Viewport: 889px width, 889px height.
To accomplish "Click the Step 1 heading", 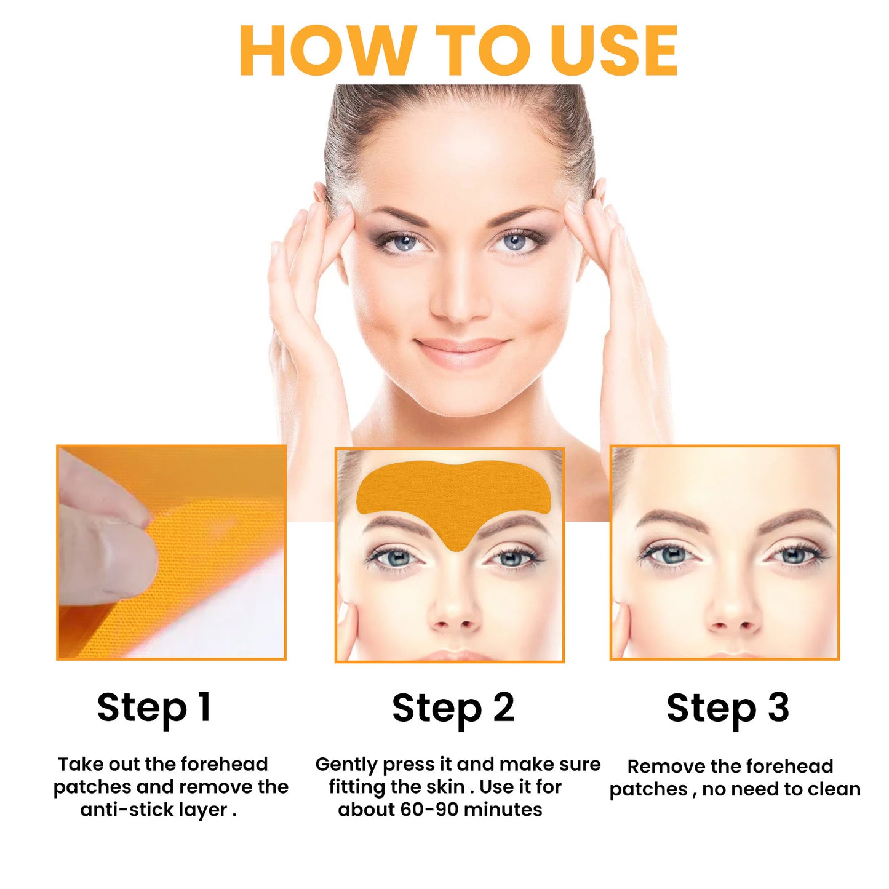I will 154,708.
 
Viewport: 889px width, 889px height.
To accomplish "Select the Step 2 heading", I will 453,708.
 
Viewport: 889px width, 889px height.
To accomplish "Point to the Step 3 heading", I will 728,708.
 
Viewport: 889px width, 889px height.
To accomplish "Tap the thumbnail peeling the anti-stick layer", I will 171,552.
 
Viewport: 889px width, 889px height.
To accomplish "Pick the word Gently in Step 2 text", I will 346,765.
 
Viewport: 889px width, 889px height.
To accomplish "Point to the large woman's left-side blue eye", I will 405,243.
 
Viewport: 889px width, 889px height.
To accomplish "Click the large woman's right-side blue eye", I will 514,242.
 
